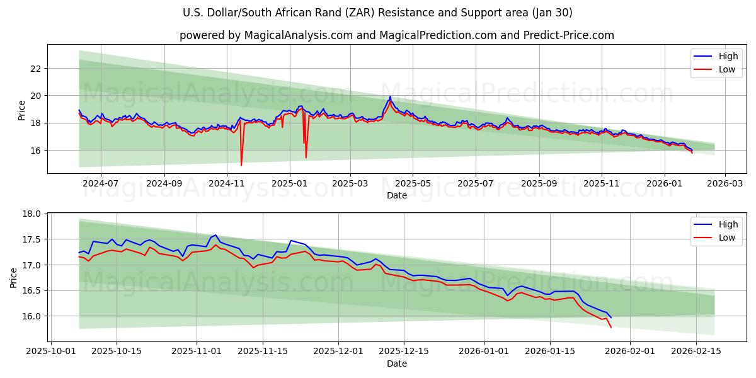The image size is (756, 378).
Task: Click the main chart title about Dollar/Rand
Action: click(377, 13)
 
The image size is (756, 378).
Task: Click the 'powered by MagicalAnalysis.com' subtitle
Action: click(396, 35)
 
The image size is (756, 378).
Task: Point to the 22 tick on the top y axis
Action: click(36, 68)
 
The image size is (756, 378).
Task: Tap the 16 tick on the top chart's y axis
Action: click(36, 151)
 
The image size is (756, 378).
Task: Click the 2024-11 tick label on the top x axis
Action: click(227, 183)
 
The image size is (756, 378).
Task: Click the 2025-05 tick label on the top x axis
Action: click(413, 183)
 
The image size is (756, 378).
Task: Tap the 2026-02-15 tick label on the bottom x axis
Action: click(696, 351)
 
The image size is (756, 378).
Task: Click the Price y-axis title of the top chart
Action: click(22, 110)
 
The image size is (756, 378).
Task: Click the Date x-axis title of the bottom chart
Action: click(397, 364)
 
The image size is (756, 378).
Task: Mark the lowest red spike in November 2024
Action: click(241, 165)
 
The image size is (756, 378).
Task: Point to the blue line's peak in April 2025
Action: click(390, 96)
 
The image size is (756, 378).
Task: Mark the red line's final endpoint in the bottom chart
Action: click(611, 327)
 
